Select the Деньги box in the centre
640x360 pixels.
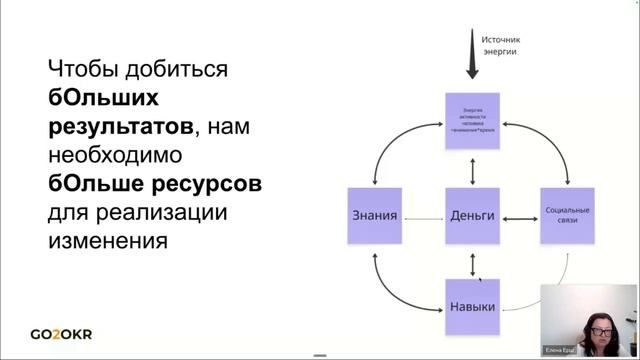coord(472,215)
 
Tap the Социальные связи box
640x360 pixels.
coord(568,215)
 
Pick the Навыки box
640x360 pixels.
coord(472,307)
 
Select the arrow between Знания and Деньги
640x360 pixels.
coord(424,216)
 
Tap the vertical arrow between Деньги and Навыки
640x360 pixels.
coord(472,262)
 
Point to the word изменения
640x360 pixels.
coord(104,241)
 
